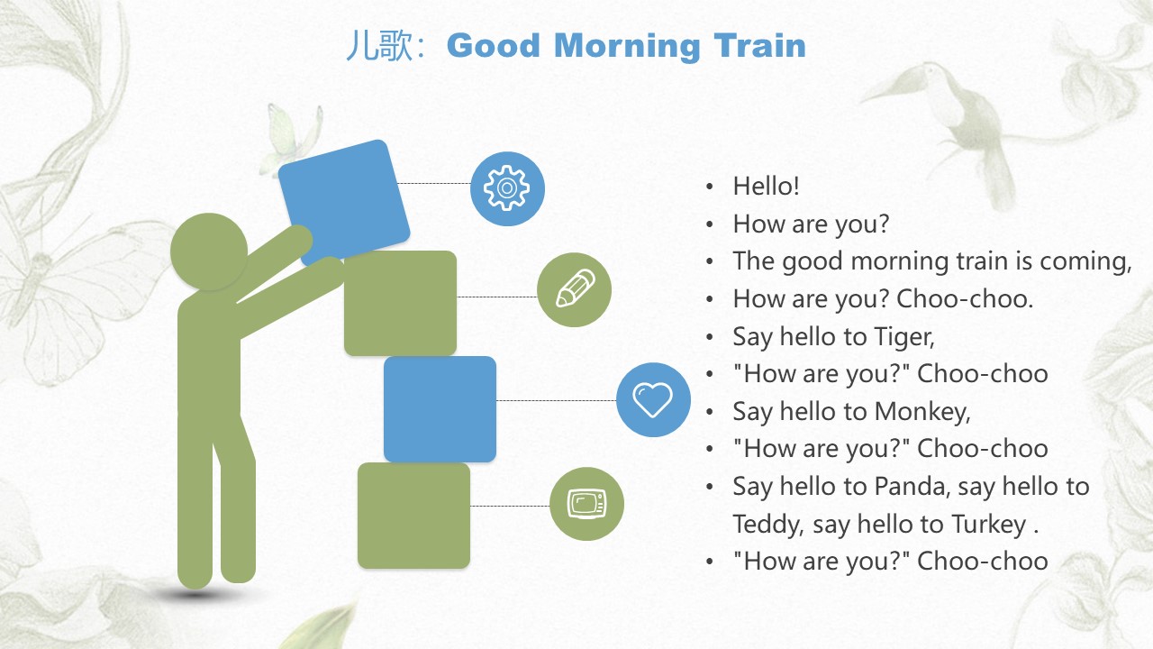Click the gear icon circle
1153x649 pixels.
[x=507, y=188]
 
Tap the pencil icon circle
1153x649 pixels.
[x=574, y=289]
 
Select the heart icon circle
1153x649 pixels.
[x=653, y=399]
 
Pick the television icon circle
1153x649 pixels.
[x=586, y=504]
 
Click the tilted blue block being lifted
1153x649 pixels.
[x=344, y=202]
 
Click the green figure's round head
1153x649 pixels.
[x=209, y=251]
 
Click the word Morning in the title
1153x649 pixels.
[x=627, y=46]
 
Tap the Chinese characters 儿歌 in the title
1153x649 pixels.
[x=379, y=46]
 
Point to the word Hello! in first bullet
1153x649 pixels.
[x=766, y=186]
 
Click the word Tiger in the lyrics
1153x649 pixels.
[x=903, y=337]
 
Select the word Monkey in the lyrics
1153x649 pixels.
[x=922, y=412]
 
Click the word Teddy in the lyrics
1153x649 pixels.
[x=767, y=525]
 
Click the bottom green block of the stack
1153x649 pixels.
[x=413, y=516]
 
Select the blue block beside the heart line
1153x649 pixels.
[x=440, y=409]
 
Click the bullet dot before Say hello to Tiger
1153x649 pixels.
[x=711, y=337]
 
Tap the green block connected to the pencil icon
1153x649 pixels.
[x=401, y=304]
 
